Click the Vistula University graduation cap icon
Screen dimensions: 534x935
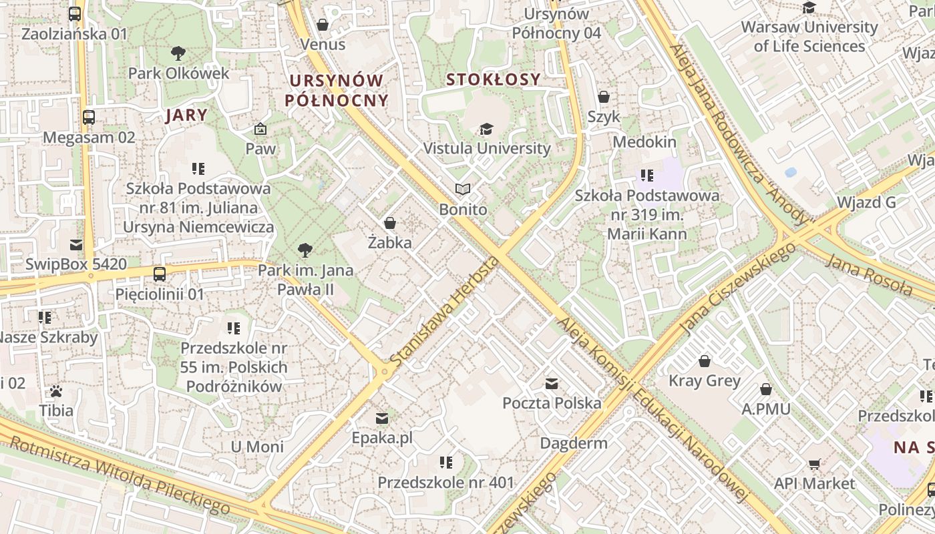[486, 129]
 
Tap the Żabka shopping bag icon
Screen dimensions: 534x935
[390, 222]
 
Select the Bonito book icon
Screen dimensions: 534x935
[463, 190]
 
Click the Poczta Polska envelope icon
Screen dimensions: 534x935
[552, 384]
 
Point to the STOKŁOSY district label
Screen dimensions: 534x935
[493, 79]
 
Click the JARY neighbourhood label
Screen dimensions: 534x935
[186, 115]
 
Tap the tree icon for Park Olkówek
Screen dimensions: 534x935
[178, 53]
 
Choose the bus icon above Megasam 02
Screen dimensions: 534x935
[89, 117]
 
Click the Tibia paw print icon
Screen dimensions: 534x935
[56, 390]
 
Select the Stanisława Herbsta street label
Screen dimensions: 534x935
[443, 310]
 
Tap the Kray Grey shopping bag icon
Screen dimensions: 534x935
[705, 361]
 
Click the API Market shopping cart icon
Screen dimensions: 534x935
[814, 464]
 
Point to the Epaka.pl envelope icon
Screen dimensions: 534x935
[382, 419]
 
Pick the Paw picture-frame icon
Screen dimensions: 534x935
[260, 129]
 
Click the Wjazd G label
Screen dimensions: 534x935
[866, 202]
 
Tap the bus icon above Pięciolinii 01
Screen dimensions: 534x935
[160, 274]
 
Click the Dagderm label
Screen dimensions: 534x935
[574, 443]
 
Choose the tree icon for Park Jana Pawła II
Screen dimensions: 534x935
[305, 250]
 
